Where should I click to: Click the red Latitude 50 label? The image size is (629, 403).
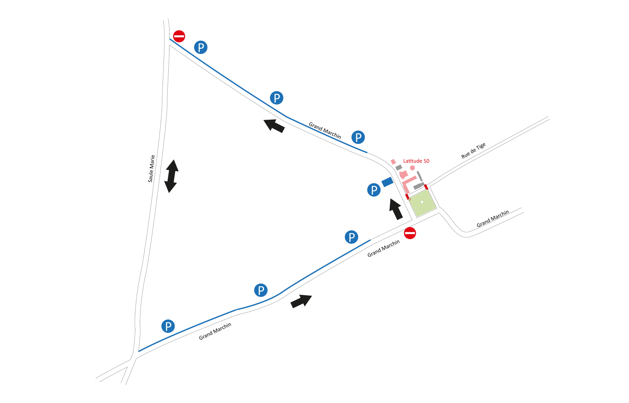tap(416, 161)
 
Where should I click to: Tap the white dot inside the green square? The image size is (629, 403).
tap(422, 202)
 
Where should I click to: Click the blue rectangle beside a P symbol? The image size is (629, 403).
tap(387, 182)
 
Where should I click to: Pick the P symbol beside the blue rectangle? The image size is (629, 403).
tap(374, 190)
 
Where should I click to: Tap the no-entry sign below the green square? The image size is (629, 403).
tap(410, 233)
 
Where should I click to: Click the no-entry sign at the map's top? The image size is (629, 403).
tap(179, 36)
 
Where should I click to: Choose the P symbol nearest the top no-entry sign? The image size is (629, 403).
tap(201, 48)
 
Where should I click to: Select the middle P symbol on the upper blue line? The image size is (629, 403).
tap(277, 98)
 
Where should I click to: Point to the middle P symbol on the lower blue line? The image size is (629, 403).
tap(261, 290)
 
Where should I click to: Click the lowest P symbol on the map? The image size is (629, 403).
tap(168, 326)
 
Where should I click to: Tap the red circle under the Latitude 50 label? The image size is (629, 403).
tap(412, 168)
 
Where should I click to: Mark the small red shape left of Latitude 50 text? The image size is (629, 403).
tap(393, 162)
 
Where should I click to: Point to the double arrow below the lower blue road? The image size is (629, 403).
tap(301, 301)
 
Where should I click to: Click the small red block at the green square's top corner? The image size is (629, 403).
tap(426, 187)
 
